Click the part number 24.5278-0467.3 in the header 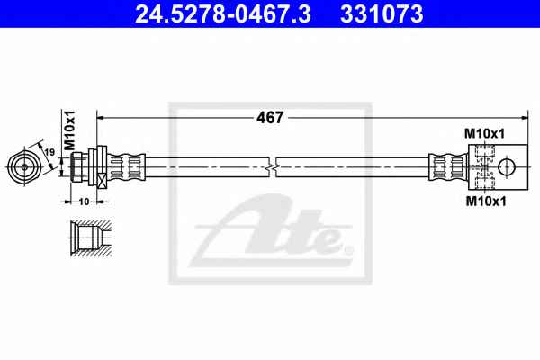click(x=223, y=13)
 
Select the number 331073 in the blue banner click(x=382, y=13)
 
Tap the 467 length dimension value click(x=270, y=118)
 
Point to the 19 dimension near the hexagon click(x=49, y=151)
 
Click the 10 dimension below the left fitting click(x=84, y=202)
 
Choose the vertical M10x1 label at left click(x=70, y=130)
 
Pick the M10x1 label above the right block click(x=484, y=134)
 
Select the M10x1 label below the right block click(x=486, y=202)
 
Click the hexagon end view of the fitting click(x=24, y=167)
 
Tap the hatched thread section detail click(x=91, y=238)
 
